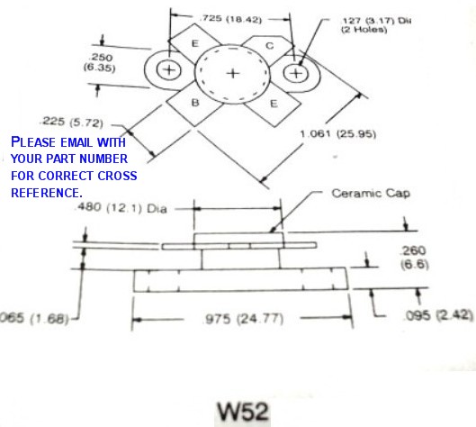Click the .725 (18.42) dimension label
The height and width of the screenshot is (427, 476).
[x=231, y=19]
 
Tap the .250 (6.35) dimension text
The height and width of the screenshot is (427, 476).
[x=100, y=62]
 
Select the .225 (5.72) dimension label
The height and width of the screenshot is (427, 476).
[x=72, y=122]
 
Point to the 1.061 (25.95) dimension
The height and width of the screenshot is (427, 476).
[x=337, y=133]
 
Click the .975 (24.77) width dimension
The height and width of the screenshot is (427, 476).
[x=243, y=319]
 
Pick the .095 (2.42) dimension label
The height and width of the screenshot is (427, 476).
[x=439, y=315]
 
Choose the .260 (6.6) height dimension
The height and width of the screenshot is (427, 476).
[x=414, y=258]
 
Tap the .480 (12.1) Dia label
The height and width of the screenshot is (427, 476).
[x=121, y=208]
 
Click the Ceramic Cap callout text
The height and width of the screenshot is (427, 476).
[x=371, y=194]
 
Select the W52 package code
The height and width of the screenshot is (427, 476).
[x=243, y=412]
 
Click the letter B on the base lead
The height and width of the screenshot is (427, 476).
[x=195, y=103]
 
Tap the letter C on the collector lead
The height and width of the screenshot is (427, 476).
[x=270, y=46]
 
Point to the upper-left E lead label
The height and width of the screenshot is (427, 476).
[x=195, y=43]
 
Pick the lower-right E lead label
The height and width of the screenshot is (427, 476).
[x=274, y=104]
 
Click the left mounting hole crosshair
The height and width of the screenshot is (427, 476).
[x=169, y=70]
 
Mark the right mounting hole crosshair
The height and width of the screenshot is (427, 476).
[x=296, y=73]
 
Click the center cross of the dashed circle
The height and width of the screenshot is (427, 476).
[x=233, y=73]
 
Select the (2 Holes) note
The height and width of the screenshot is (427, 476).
[x=364, y=30]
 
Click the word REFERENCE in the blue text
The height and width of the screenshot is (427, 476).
[x=46, y=193]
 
